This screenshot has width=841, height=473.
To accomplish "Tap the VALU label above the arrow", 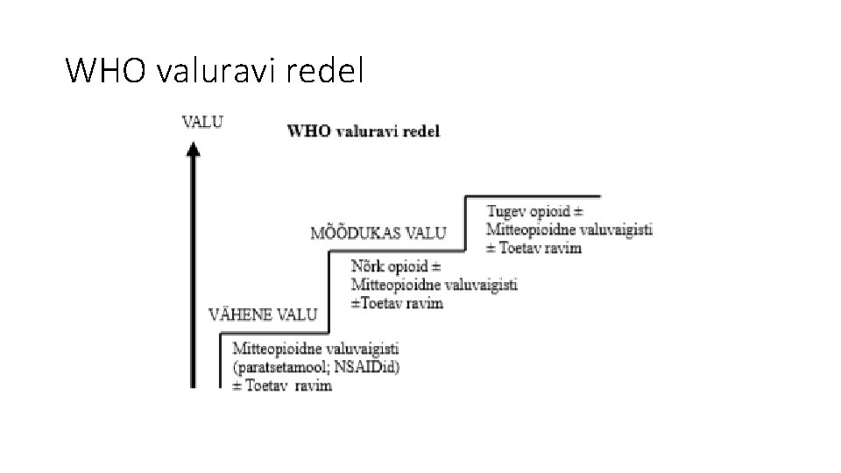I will (x=201, y=122).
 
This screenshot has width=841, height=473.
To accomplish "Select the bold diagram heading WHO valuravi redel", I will (x=364, y=131).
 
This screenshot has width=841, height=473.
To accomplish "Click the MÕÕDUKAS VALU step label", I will (x=378, y=233).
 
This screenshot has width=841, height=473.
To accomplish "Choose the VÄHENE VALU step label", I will (x=263, y=314).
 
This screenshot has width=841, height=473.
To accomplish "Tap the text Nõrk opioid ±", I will (x=396, y=265).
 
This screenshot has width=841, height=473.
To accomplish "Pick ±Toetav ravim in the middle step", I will (x=397, y=303).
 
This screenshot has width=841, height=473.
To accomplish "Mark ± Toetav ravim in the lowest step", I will (x=282, y=385).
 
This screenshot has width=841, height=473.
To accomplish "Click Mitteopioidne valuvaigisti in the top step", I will (x=569, y=230).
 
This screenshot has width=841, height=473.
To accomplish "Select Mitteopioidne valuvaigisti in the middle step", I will (x=435, y=285).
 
